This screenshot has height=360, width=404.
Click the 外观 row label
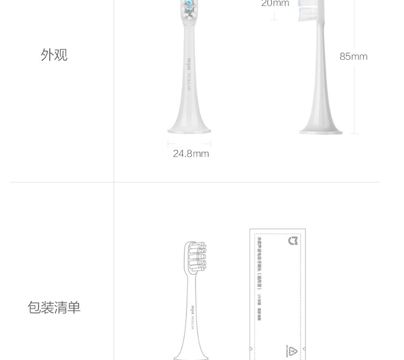point(54,55)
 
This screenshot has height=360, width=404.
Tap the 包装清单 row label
point(54,308)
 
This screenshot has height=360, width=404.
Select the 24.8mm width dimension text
point(191,154)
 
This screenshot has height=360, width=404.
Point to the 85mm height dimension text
point(353,57)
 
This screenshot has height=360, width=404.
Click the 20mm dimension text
point(275,4)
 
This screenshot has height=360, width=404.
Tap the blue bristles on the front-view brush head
point(190,8)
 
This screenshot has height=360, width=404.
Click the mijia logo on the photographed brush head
point(189,64)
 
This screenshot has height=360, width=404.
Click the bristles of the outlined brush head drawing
point(196,257)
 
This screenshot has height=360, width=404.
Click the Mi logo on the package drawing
point(293,241)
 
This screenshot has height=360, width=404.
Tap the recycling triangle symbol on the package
point(292,351)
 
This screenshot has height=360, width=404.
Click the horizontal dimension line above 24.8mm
point(189,144)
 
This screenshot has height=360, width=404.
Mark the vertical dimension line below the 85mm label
point(354,97)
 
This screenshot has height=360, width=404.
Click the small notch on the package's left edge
point(251,349)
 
